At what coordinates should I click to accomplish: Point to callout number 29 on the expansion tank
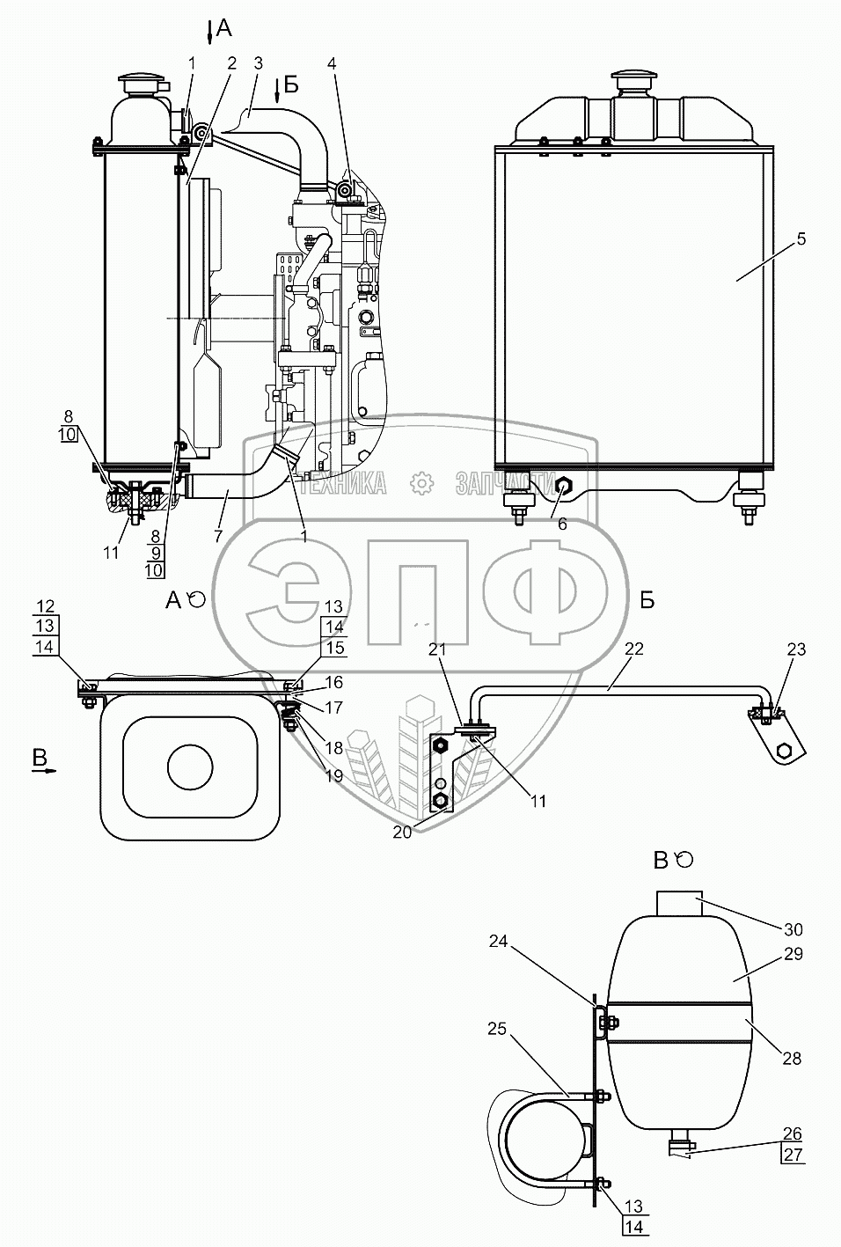[793, 954]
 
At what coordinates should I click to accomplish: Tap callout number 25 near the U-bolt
[496, 1028]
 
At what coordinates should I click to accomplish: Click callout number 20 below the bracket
[401, 833]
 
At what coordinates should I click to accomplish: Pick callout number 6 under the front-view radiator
[563, 523]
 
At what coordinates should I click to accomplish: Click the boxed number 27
[793, 1155]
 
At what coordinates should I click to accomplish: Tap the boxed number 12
[46, 605]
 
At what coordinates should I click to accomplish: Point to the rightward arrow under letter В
[44, 769]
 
